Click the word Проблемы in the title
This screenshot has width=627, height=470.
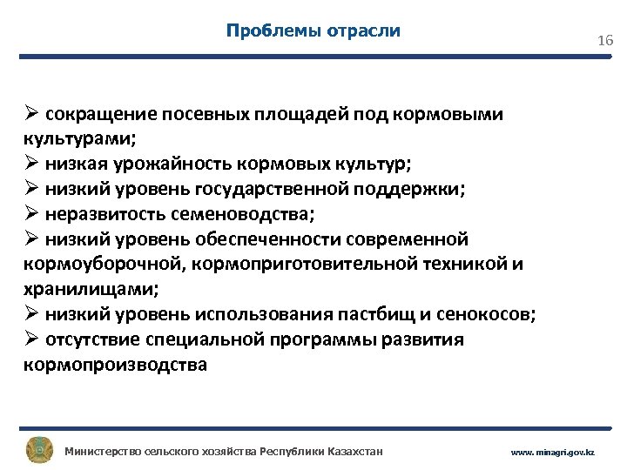pyautogui.click(x=265, y=31)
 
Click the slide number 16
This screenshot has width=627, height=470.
pyautogui.click(x=605, y=41)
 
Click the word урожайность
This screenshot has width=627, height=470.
pyautogui.click(x=160, y=163)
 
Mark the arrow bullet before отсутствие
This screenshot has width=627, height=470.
pyautogui.click(x=31, y=339)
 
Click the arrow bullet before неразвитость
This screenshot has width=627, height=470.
pyautogui.click(x=31, y=213)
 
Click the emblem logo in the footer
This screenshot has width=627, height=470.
pyautogui.click(x=38, y=451)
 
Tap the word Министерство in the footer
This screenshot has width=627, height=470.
pyautogui.click(x=102, y=452)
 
